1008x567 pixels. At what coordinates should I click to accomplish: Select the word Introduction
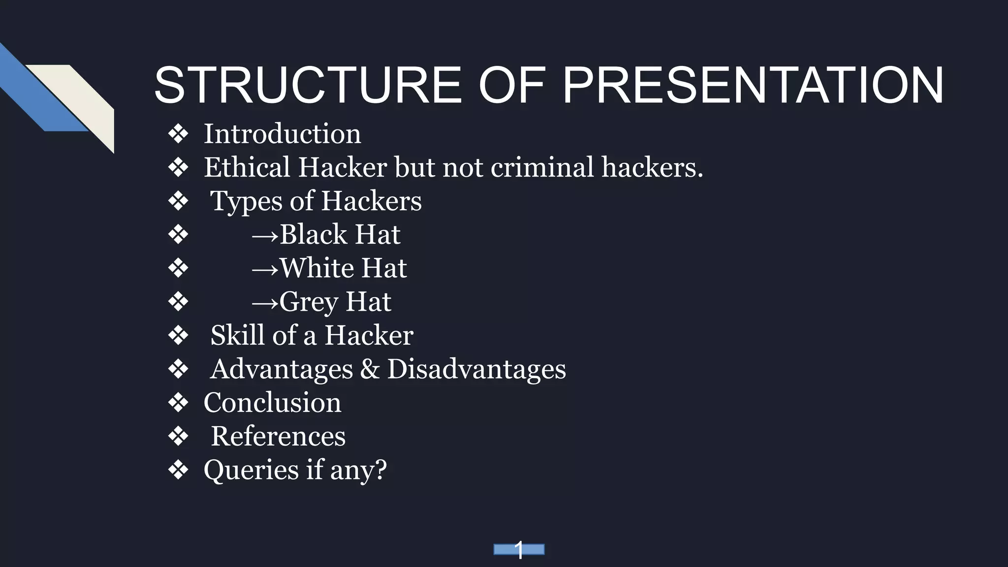282,134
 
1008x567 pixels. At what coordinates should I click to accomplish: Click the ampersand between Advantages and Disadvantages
370,369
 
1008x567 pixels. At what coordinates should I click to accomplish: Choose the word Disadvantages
476,369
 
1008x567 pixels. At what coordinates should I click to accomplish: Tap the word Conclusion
272,403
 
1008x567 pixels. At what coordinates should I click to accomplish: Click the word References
278,436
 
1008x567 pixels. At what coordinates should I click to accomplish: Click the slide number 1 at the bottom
519,550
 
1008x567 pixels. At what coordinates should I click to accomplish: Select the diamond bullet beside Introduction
178,134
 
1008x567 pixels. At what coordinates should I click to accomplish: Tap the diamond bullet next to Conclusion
178,403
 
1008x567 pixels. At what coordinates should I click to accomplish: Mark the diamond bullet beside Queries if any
178,470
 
